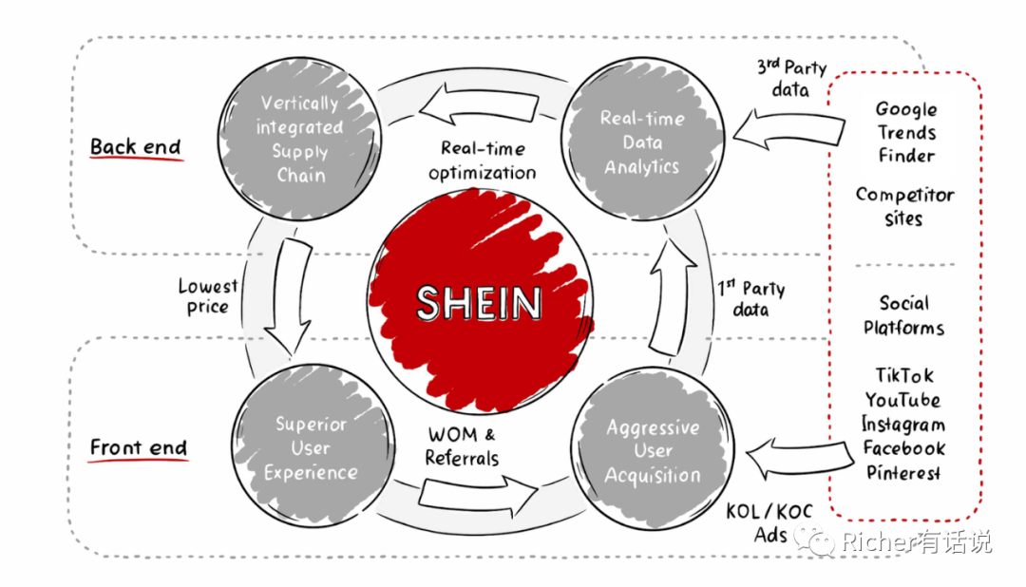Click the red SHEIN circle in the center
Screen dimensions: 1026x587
(480, 302)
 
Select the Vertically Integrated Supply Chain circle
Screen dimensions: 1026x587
(299, 139)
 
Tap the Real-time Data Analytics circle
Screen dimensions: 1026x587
(642, 139)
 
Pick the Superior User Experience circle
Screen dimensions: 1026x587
(313, 446)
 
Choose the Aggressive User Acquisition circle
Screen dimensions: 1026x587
(653, 448)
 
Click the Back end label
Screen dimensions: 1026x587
(136, 147)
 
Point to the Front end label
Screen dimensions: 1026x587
(138, 448)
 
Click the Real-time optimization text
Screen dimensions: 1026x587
(483, 161)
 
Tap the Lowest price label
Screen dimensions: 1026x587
(208, 296)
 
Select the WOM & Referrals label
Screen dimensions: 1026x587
(462, 446)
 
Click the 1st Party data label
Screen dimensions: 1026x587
(750, 298)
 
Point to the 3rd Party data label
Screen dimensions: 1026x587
(791, 78)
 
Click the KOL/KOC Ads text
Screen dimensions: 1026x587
(769, 522)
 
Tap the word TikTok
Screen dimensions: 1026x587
(904, 375)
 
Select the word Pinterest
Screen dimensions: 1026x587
(903, 472)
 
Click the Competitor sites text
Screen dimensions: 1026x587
(905, 206)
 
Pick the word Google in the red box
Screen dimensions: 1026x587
(906, 109)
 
